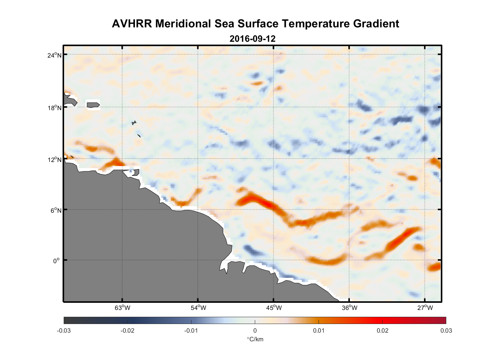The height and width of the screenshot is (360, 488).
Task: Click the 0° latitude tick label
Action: [57, 261]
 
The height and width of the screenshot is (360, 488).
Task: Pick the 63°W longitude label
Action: [122, 308]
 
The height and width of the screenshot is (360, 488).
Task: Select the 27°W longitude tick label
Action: [425, 308]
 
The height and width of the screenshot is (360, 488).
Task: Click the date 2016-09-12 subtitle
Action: [252, 39]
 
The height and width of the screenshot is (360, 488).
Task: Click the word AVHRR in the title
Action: [132, 24]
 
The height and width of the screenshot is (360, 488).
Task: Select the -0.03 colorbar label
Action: [64, 330]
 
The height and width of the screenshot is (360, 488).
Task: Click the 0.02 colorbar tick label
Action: [382, 330]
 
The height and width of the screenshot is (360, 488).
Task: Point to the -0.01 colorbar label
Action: [191, 330]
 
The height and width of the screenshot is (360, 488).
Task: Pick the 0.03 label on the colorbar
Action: [446, 330]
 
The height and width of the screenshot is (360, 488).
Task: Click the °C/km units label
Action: [255, 339]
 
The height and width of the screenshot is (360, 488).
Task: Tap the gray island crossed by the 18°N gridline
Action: [93, 105]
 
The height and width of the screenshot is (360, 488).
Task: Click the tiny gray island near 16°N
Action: [134, 123]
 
